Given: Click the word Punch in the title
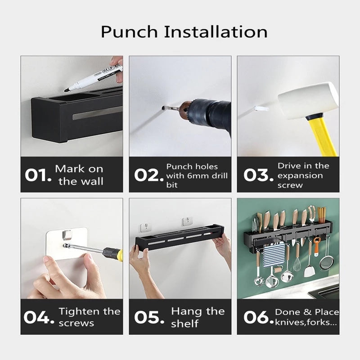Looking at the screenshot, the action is (x=129, y=32).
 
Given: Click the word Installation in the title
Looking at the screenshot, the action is (x=216, y=31).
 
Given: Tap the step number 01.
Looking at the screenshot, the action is (x=38, y=175).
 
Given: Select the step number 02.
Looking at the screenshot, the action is (x=148, y=175).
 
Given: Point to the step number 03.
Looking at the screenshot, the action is (x=258, y=175).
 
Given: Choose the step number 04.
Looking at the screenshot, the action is (x=39, y=317).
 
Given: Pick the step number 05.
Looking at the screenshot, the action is (x=149, y=317).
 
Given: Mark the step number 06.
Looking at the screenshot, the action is (x=258, y=318).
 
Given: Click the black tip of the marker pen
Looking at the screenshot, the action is (x=66, y=90).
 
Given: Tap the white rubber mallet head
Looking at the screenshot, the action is (x=308, y=101).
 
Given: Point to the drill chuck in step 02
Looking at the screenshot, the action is (x=186, y=110).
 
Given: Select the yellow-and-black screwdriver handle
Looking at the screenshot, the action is (x=113, y=254).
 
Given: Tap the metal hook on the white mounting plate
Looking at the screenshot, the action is (x=67, y=234).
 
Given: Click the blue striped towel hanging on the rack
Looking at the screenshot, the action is (x=274, y=255).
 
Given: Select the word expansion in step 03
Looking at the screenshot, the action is (x=300, y=176).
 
